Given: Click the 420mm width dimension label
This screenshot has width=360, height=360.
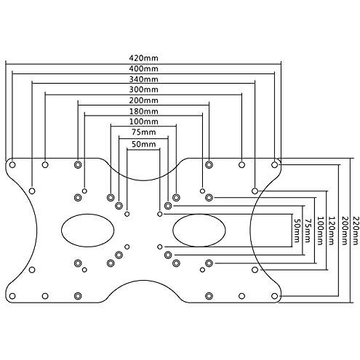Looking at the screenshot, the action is pyautogui.click(x=143, y=58).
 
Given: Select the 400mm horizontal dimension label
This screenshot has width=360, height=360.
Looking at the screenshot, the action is pyautogui.click(x=143, y=68).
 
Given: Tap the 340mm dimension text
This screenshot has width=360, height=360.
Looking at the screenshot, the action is pyautogui.click(x=143, y=79).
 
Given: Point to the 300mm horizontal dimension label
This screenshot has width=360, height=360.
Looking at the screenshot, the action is pyautogui.click(x=143, y=89).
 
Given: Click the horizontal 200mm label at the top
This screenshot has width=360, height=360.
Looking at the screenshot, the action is pyautogui.click(x=143, y=100).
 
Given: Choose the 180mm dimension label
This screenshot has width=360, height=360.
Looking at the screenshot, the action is pyautogui.click(x=143, y=111).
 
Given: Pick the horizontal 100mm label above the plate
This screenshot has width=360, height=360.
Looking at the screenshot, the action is pyautogui.click(x=143, y=121).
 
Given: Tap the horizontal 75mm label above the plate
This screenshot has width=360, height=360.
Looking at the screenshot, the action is pyautogui.click(x=143, y=132).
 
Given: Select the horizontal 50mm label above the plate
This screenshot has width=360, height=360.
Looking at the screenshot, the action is pyautogui.click(x=143, y=144).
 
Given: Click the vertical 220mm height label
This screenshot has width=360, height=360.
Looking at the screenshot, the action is pyautogui.click(x=354, y=231).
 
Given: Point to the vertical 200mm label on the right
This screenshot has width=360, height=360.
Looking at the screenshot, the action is pyautogui.click(x=344, y=231).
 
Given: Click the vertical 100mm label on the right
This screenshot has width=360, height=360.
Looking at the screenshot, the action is pyautogui.click(x=320, y=231).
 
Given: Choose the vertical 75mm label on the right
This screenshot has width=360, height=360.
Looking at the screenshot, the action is pyautogui.click(x=308, y=231).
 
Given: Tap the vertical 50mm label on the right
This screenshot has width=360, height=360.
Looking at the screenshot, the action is pyautogui.click(x=297, y=231).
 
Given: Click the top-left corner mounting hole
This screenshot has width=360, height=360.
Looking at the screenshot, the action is pyautogui.click(x=12, y=165).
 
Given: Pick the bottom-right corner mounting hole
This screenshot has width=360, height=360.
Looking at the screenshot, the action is pyautogui.click(x=274, y=296).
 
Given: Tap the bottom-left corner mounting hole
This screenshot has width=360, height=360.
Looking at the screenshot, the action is pyautogui.click(x=12, y=296).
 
